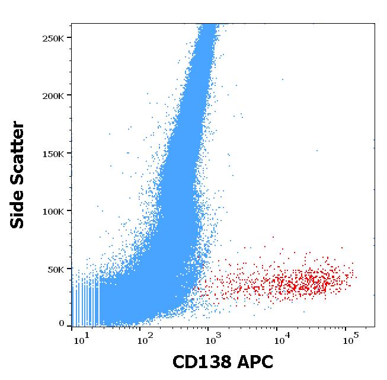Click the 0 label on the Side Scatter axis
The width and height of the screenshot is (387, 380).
tap(62, 324)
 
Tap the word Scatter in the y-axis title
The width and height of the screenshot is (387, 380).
tap(18, 149)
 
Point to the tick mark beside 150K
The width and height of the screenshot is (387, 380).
tap(69, 154)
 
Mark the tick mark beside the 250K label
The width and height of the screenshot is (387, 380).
tap(69, 38)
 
